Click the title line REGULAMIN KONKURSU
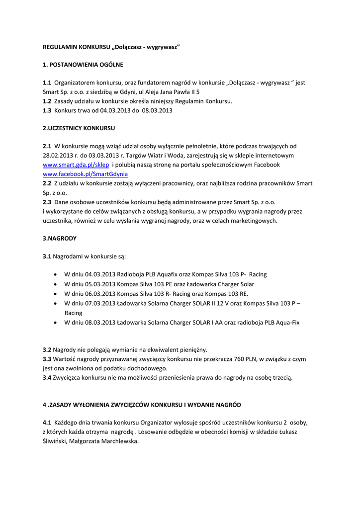point(111,47)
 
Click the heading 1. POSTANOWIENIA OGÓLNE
point(83,65)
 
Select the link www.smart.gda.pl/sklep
point(76,165)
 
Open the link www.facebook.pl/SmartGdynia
point(86,174)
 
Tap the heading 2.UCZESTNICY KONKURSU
point(79,128)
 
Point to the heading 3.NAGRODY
point(60,238)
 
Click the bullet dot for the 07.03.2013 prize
point(54,304)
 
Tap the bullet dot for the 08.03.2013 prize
point(54,323)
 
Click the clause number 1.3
point(47,110)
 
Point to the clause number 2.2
point(47,183)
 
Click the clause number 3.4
point(47,378)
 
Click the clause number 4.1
point(47,423)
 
